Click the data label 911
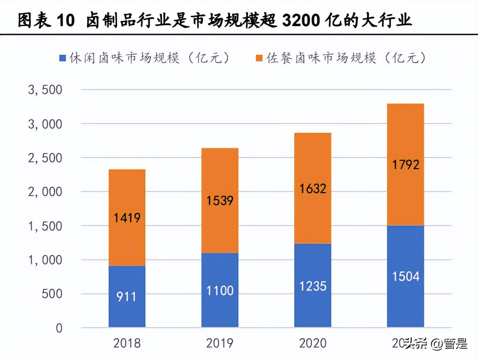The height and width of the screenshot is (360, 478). point(126,297)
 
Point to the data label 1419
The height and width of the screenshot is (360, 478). point(127,218)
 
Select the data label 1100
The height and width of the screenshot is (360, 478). point(220,291)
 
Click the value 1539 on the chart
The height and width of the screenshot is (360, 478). point(220,201)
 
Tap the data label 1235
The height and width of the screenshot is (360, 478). point(313,286)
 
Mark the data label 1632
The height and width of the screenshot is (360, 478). point(313,189)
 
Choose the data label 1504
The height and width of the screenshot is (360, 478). point(406,277)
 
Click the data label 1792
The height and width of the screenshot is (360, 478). point(406,165)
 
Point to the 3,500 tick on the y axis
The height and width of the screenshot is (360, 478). point(45,90)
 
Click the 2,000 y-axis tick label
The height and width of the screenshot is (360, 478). point(45,192)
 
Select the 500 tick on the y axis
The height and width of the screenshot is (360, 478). point(52,294)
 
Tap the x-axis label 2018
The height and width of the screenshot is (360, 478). point(127,343)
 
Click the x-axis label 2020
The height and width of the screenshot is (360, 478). point(313,343)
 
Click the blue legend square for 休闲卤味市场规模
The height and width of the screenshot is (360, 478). point(63,58)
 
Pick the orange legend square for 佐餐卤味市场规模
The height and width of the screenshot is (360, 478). point(259,58)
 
